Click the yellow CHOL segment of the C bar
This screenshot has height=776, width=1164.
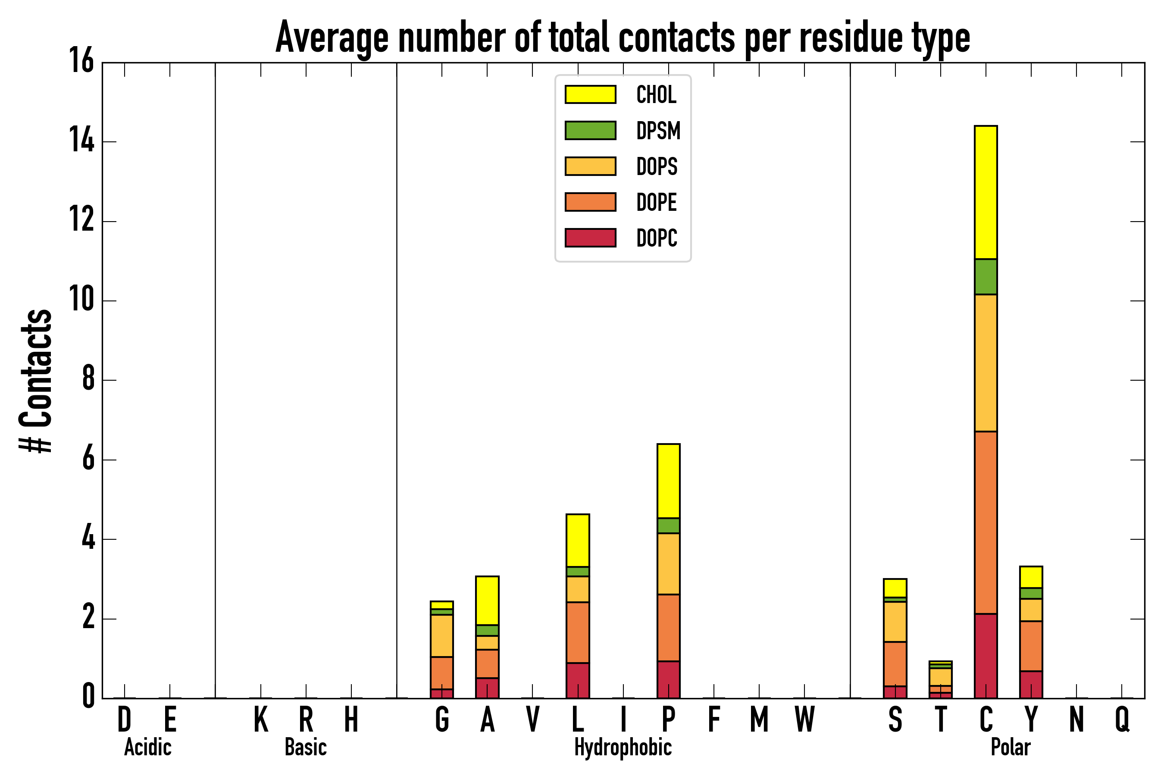pos(986,192)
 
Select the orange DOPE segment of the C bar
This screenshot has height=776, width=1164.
pos(986,523)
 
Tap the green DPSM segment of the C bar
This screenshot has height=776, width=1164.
pos(986,277)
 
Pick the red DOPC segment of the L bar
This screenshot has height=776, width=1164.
pos(578,680)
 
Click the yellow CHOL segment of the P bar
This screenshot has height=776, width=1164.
pos(668,481)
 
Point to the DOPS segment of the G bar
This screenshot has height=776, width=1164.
pos(442,636)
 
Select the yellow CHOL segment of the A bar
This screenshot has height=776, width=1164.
pos(487,600)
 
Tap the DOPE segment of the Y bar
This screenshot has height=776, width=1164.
pos(1031,646)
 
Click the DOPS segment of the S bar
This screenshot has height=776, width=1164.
pos(895,622)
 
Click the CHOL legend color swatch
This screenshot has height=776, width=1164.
pos(591,94)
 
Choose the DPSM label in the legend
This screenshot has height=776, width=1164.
pos(658,131)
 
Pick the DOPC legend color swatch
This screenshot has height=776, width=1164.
pos(591,238)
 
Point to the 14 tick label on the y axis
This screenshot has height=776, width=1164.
pos(81,141)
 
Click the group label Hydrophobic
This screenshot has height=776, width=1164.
pos(623,747)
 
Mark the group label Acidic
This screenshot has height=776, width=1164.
pos(147,747)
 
